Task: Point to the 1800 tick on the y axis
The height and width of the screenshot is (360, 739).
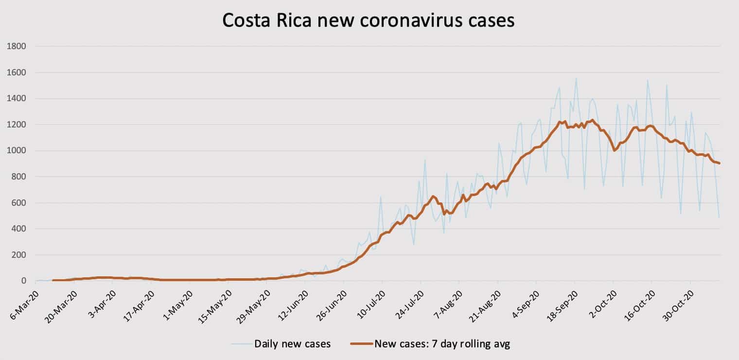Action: (x=16, y=47)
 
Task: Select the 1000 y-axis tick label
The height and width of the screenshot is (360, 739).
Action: (x=16, y=151)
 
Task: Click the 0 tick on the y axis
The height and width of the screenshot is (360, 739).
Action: (x=23, y=281)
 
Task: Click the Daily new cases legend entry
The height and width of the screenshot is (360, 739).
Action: (x=292, y=344)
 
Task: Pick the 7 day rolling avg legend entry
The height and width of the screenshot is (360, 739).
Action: (x=442, y=344)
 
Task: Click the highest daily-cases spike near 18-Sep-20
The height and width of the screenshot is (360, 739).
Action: (x=576, y=78)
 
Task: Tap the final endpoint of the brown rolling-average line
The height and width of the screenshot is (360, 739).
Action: (x=719, y=163)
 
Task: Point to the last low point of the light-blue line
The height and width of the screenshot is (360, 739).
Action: (x=719, y=217)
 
